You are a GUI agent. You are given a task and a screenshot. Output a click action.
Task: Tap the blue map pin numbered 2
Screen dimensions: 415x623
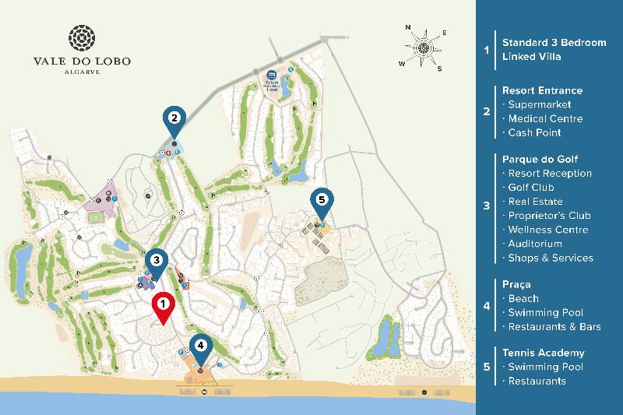(174, 120)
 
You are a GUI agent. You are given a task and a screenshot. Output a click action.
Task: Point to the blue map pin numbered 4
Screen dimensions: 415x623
(201, 347)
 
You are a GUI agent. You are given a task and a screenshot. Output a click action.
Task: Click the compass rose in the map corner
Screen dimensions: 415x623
(424, 47)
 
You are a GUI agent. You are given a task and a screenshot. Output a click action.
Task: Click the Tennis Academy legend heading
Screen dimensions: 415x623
(543, 353)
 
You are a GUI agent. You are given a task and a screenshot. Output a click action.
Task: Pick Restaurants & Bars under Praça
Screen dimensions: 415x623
(554, 326)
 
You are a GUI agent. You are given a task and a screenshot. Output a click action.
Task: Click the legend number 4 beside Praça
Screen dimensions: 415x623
(487, 306)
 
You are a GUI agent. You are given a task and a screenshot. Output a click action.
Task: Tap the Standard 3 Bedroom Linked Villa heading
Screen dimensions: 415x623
(554, 49)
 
